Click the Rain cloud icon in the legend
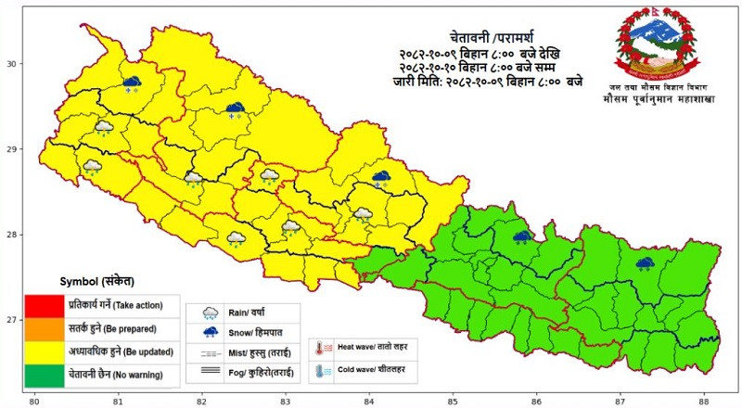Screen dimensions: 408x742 pyautogui.click(x=211, y=312)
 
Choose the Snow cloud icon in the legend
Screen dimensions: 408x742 pyautogui.click(x=211, y=332)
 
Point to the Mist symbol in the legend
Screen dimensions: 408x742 pyautogui.click(x=211, y=353)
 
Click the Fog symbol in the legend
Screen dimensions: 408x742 pyautogui.click(x=211, y=372)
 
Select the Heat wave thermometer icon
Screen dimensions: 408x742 pyautogui.click(x=319, y=348)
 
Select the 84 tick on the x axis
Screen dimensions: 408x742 pyautogui.click(x=369, y=401)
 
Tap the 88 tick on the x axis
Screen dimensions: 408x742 pyautogui.click(x=706, y=401)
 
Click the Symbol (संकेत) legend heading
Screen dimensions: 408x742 pyautogui.click(x=96, y=280)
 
